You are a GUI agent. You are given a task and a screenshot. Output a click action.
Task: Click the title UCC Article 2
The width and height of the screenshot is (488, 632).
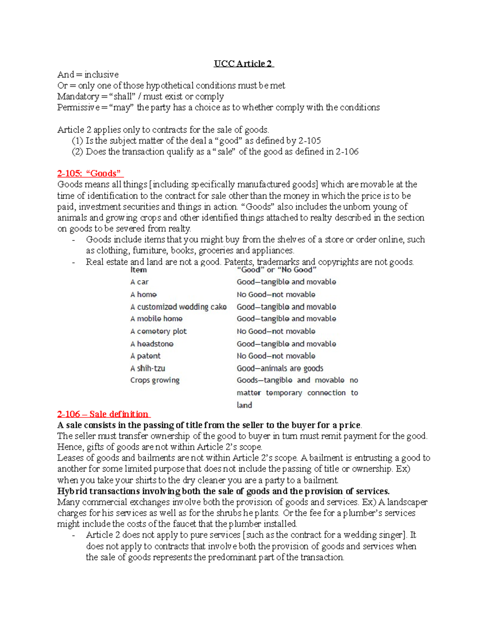click(x=244, y=63)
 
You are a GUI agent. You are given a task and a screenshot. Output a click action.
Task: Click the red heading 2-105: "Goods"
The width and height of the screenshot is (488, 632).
click(x=90, y=173)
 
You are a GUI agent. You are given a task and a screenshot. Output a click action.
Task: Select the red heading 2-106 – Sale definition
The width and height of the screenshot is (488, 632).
click(x=103, y=414)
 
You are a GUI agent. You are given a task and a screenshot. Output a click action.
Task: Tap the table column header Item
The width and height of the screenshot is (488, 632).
click(x=138, y=270)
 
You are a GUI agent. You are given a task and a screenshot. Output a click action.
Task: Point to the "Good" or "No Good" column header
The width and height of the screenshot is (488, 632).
click(x=276, y=270)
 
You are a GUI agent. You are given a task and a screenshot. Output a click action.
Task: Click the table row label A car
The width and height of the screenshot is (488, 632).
click(x=139, y=282)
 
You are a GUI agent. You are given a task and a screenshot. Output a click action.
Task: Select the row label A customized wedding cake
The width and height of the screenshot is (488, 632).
click(x=178, y=307)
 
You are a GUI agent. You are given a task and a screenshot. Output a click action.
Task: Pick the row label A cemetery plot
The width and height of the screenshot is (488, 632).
click(x=158, y=331)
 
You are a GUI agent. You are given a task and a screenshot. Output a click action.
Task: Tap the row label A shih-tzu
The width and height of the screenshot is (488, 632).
click(x=148, y=368)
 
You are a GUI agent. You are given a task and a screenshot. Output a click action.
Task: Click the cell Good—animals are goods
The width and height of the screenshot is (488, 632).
click(x=280, y=368)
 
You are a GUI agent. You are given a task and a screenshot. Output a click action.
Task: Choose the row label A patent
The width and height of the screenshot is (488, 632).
click(x=145, y=356)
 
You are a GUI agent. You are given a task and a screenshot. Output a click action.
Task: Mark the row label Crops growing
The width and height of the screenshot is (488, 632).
click(x=155, y=380)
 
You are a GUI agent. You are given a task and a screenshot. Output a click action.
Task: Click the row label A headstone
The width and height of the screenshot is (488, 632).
click(x=152, y=344)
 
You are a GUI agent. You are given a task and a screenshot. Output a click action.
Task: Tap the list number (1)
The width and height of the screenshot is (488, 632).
click(x=77, y=141)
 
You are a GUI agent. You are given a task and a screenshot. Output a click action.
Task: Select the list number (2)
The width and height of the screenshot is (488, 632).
click(x=77, y=152)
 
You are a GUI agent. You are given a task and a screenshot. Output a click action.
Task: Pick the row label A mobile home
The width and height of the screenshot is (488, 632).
click(x=156, y=319)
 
